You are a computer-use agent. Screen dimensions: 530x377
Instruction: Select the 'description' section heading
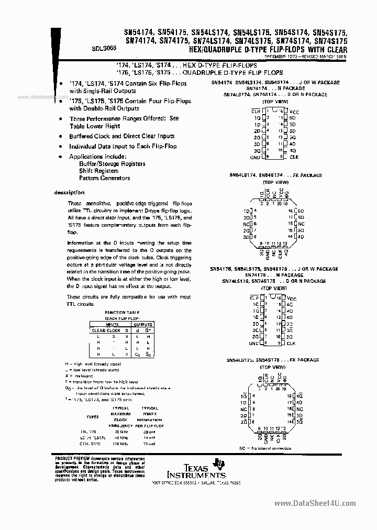(70, 192)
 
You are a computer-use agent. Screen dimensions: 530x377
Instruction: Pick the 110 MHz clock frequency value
(121, 444)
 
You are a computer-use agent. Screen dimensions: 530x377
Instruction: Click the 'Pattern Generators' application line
(105, 178)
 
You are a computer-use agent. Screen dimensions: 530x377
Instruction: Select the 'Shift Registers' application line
(98, 171)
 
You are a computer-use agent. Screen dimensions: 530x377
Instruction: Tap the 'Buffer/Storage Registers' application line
(112, 164)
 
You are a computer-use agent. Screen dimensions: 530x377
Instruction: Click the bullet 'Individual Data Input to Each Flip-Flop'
(123, 147)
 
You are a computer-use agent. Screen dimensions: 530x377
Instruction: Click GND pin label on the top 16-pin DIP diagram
(255, 157)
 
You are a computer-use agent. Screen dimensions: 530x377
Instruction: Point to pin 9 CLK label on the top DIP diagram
(294, 157)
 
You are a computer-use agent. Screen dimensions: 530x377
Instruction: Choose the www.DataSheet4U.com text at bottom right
(317, 504)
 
